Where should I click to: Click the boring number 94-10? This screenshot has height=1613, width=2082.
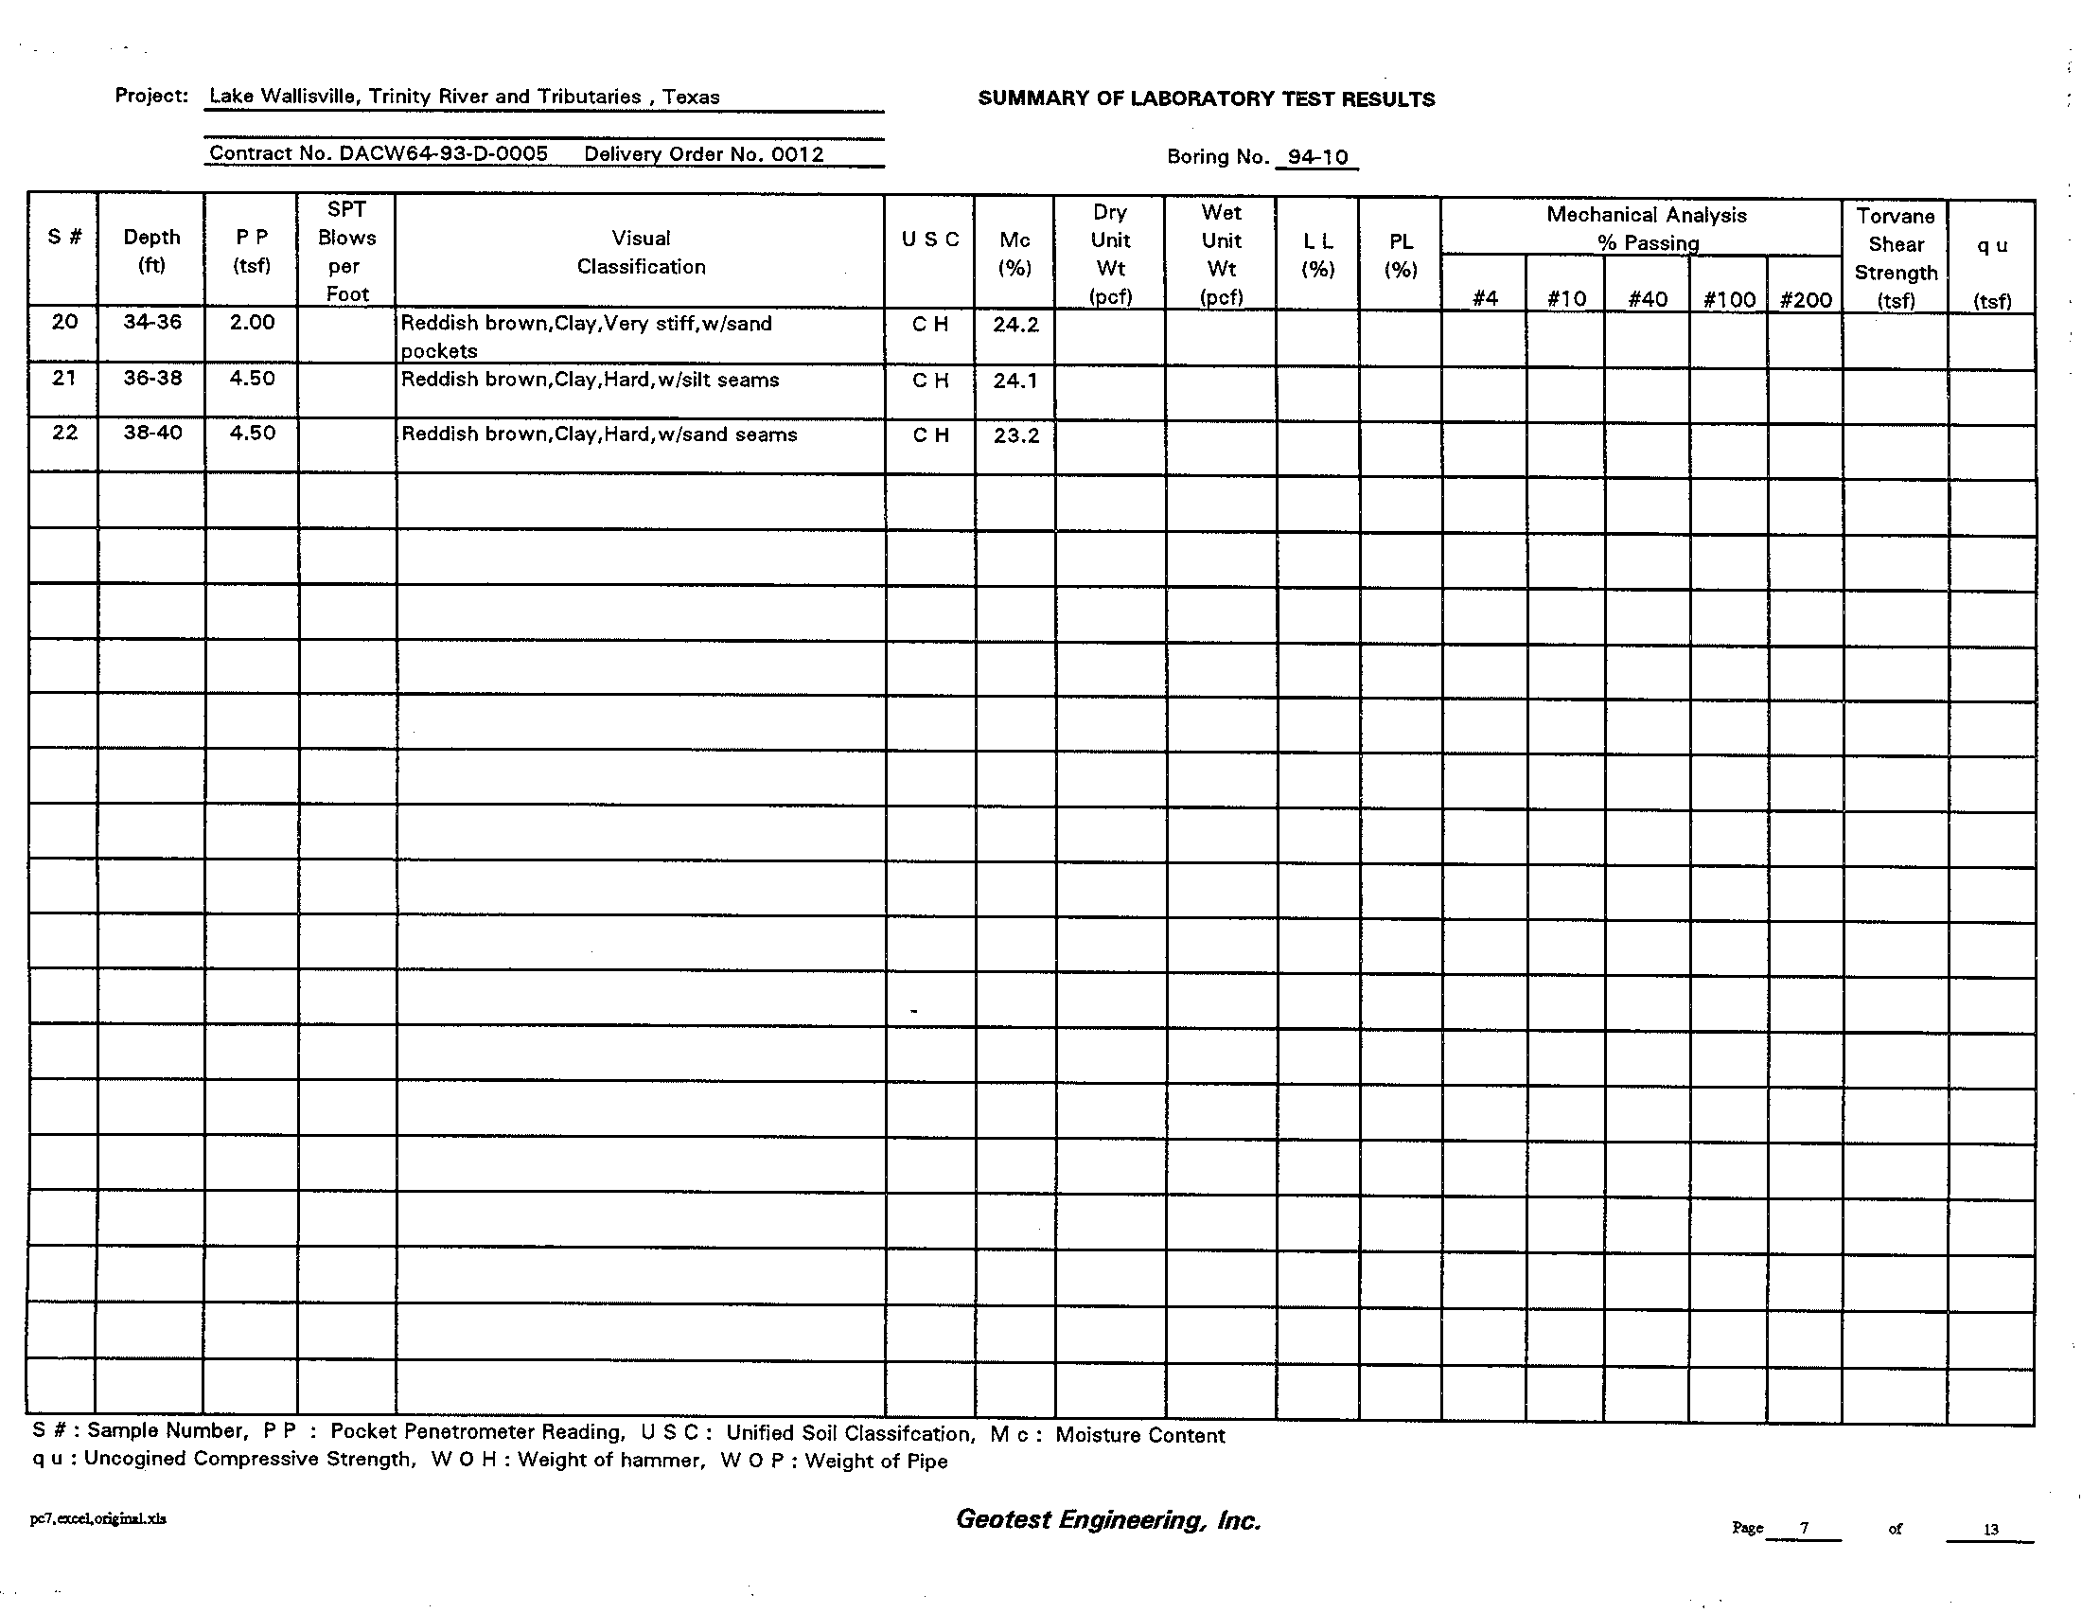1316,157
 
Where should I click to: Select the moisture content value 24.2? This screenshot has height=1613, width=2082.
1015,325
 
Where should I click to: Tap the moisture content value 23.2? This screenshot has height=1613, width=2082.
1015,435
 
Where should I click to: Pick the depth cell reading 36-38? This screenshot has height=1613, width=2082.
152,379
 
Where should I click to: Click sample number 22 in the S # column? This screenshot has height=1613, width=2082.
64,433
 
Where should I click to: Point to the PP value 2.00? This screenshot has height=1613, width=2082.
252,323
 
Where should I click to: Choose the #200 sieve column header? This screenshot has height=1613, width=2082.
1805,299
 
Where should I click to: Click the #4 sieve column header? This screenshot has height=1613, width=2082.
1484,299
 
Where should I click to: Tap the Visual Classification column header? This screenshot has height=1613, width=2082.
641,253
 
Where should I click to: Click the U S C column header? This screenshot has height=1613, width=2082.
929,239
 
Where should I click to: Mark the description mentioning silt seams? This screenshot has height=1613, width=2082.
590,380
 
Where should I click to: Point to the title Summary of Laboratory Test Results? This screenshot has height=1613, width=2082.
1206,99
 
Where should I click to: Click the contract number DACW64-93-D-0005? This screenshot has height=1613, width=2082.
443,154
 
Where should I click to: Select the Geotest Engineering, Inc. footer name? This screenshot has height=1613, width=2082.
1108,1519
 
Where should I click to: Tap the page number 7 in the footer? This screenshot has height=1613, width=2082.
1804,1528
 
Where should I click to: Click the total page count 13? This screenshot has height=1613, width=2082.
1990,1529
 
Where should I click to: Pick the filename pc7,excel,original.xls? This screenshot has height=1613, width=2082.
98,1518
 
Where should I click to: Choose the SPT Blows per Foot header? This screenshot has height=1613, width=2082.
346,252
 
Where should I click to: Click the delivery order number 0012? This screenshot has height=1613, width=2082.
797,154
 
